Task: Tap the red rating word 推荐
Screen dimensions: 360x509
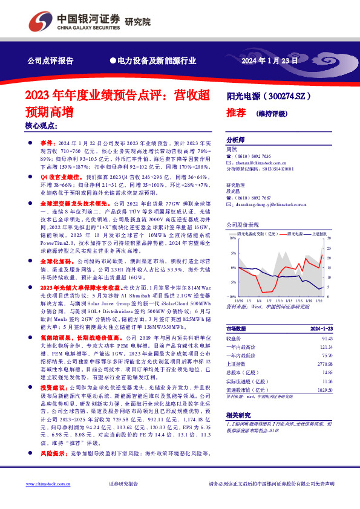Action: [235, 112]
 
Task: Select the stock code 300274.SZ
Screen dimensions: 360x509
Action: [285, 96]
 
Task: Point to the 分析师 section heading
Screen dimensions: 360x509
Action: [235, 138]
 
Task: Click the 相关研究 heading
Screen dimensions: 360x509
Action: [237, 415]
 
